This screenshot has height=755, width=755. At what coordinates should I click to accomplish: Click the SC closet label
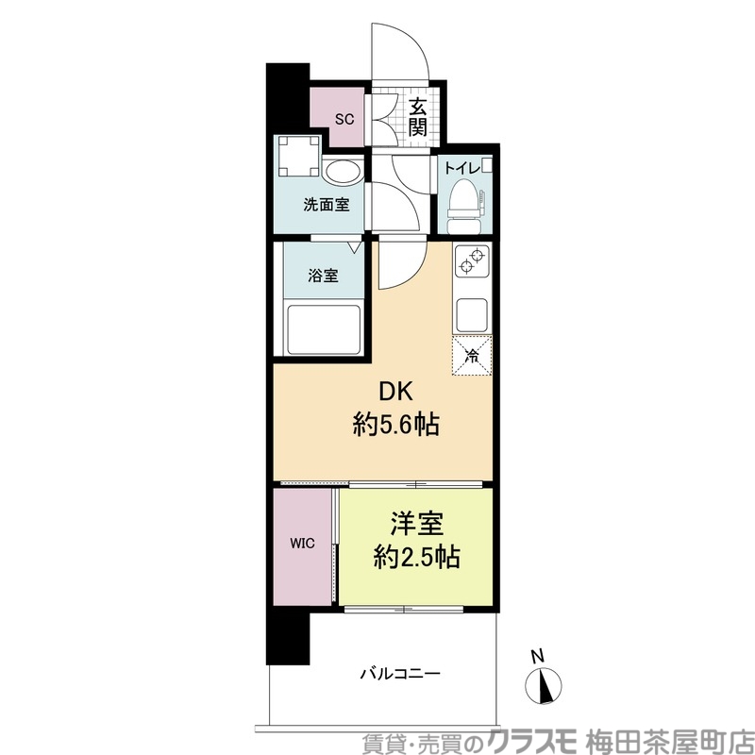[x=345, y=119]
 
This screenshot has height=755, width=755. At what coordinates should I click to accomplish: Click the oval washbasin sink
[x=342, y=172]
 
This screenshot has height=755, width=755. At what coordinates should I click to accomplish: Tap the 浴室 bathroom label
[x=323, y=277]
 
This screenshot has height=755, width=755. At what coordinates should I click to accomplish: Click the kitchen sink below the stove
[x=471, y=310]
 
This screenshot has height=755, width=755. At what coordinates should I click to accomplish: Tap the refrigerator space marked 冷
[x=472, y=356]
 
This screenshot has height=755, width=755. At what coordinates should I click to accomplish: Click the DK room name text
[x=396, y=393]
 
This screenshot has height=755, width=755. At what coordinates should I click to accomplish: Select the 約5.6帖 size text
[x=396, y=425]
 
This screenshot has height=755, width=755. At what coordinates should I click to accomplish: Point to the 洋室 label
[x=416, y=524]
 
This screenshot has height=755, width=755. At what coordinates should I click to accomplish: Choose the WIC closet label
[x=302, y=545]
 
